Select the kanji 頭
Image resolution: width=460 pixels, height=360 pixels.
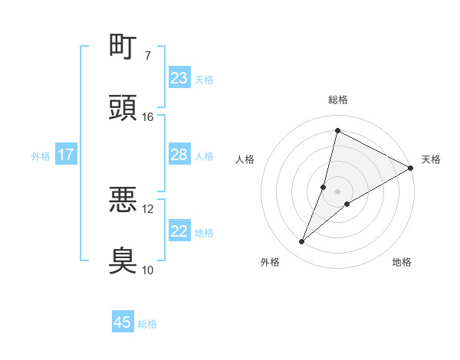point(123,108)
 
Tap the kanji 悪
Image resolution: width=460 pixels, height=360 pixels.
point(123,201)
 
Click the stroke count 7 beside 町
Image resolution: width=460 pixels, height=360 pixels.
point(148,56)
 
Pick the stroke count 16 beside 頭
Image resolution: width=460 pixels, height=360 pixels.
point(148,117)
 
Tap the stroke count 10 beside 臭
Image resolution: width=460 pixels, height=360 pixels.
point(148,270)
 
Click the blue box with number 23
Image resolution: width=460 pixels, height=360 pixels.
point(179,78)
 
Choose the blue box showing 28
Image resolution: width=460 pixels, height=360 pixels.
point(179,155)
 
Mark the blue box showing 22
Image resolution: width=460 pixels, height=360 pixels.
point(179,231)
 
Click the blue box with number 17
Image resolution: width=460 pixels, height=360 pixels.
point(66,155)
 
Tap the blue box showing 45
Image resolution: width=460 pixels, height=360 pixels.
point(123,322)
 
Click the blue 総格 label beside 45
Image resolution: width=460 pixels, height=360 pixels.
point(147,324)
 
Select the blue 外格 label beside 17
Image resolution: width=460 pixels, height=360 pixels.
point(41,156)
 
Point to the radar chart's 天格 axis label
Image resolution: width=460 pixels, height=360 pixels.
point(431,159)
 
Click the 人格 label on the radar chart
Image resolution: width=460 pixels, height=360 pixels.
point(245,159)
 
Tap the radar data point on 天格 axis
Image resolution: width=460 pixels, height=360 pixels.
point(411,168)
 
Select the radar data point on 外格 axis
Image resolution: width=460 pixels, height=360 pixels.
point(302,242)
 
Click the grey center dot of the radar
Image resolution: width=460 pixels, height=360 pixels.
point(337,191)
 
